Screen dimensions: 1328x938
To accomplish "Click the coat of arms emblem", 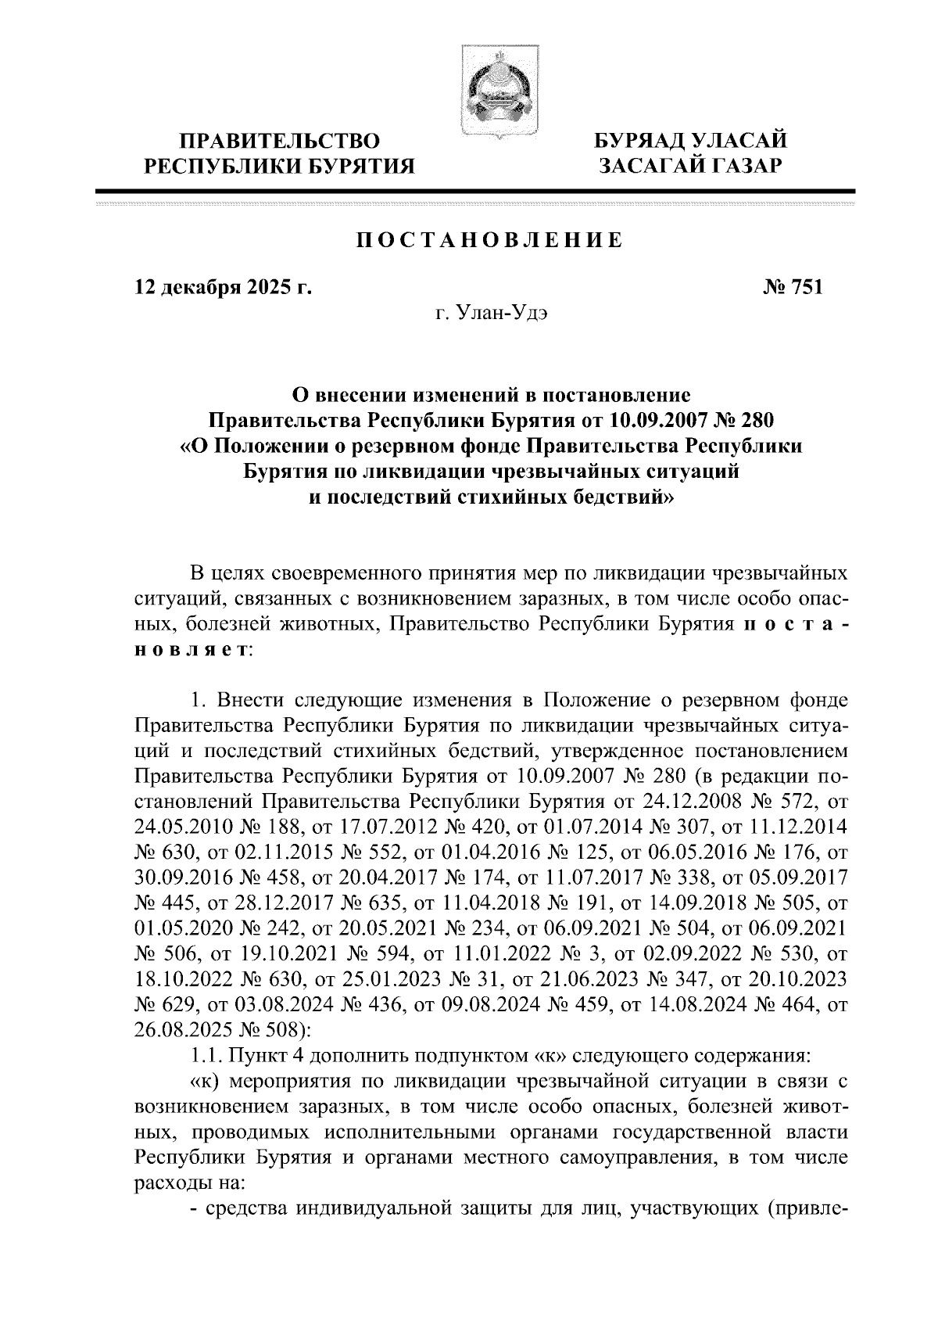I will [488, 93].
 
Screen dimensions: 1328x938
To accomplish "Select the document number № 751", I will [791, 288].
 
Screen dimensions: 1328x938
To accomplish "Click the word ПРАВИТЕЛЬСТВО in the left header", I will [281, 142].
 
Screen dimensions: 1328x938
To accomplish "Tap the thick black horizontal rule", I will [474, 190].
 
